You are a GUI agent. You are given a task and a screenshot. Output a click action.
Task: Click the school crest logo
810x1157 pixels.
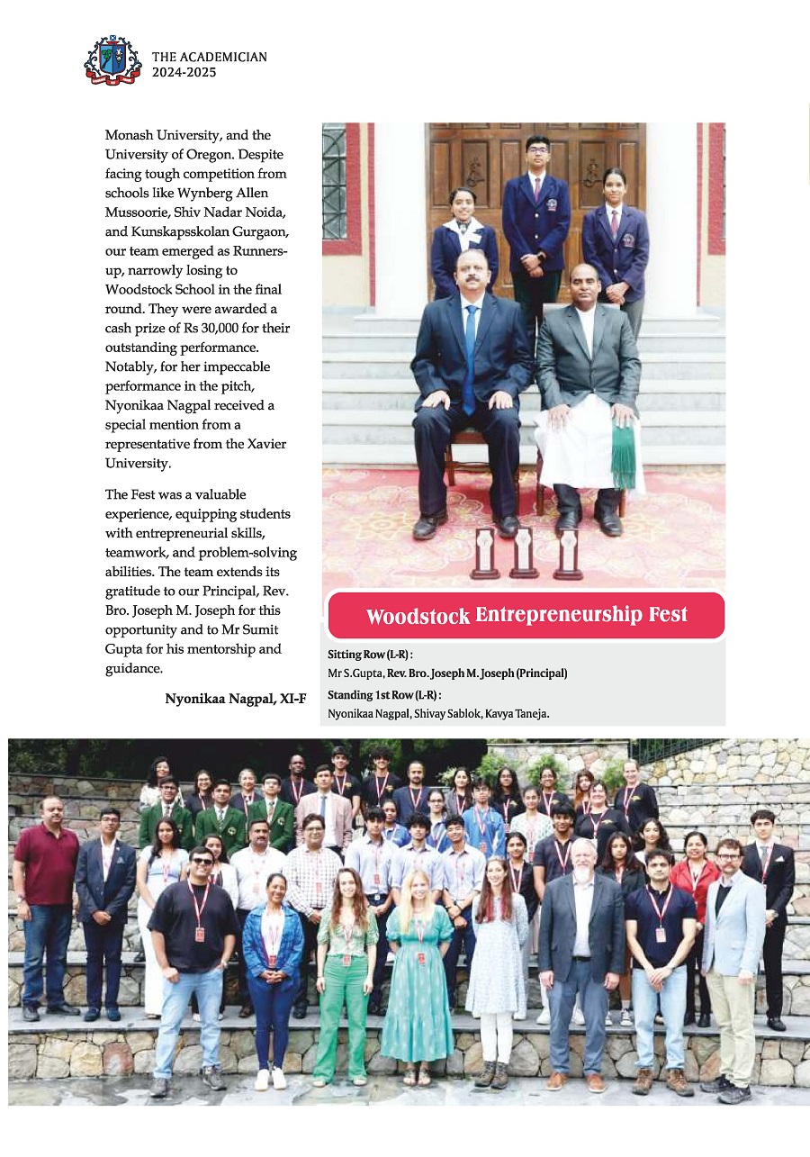(x=112, y=59)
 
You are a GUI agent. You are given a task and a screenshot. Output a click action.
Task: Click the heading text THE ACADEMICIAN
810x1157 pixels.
(x=210, y=57)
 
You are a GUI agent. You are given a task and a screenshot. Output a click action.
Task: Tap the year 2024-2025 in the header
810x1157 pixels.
(x=184, y=73)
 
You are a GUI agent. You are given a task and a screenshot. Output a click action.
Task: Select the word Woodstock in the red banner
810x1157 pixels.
(x=418, y=617)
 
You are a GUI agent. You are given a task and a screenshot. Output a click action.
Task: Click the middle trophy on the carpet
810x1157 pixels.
(x=524, y=552)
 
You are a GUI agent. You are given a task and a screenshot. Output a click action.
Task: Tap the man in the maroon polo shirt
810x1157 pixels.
(x=46, y=900)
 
